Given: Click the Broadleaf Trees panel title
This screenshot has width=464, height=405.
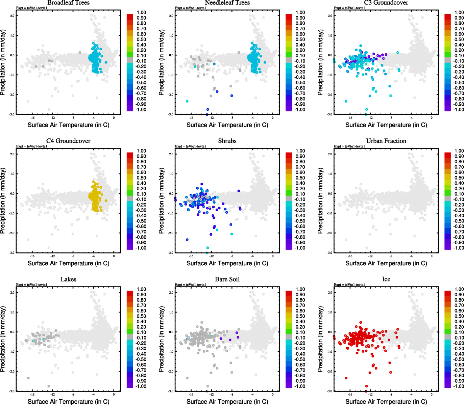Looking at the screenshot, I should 68,3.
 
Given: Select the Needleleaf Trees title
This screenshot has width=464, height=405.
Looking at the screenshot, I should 227,3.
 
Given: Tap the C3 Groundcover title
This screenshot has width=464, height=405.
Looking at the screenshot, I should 386,3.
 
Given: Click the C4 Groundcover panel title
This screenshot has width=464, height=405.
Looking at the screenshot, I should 68,141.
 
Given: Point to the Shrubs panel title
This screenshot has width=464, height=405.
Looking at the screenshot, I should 227,141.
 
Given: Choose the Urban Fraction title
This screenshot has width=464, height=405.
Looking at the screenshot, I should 386,141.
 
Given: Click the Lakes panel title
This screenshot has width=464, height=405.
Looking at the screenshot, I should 68,279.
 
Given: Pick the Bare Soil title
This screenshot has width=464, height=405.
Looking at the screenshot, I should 227,279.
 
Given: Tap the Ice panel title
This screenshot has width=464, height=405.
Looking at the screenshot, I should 386,279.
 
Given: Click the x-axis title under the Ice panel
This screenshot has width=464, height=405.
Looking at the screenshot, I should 386,401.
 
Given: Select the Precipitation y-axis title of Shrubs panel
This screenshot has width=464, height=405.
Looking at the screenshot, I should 162,201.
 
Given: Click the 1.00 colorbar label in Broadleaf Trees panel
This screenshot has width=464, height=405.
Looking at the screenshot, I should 141,12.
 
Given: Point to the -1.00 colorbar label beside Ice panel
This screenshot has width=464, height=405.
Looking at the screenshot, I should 458,386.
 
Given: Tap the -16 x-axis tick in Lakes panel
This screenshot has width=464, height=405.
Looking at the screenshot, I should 32,395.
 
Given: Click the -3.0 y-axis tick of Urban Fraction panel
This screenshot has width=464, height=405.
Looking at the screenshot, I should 329,253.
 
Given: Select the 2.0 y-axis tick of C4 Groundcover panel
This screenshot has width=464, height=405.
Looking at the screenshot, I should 12,154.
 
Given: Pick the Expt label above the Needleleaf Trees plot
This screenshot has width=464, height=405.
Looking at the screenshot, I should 191,8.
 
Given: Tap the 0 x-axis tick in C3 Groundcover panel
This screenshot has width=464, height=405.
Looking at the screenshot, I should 432,118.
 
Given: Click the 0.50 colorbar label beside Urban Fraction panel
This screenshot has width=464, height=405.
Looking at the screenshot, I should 459,178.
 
